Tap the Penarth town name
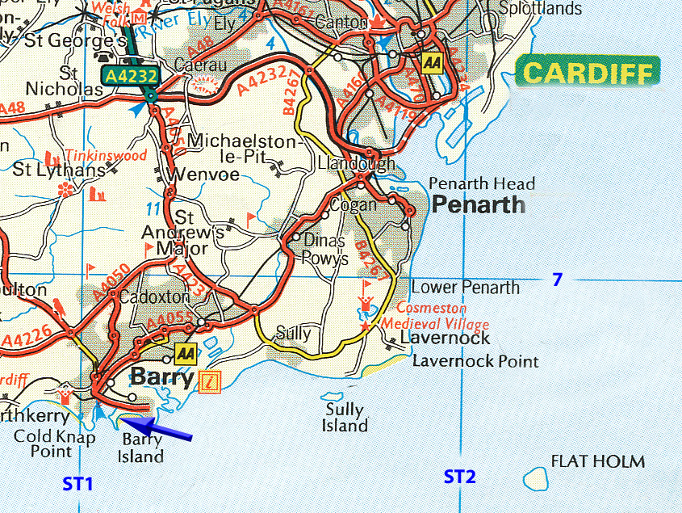(478, 204)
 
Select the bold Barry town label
(161, 377)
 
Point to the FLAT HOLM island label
(598, 462)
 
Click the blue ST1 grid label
(78, 484)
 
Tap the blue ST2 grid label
(459, 477)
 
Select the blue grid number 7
(556, 280)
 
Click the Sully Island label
(345, 418)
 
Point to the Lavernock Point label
(475, 361)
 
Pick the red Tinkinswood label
(106, 156)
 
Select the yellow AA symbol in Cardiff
(433, 63)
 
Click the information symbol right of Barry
(209, 381)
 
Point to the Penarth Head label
(481, 183)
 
